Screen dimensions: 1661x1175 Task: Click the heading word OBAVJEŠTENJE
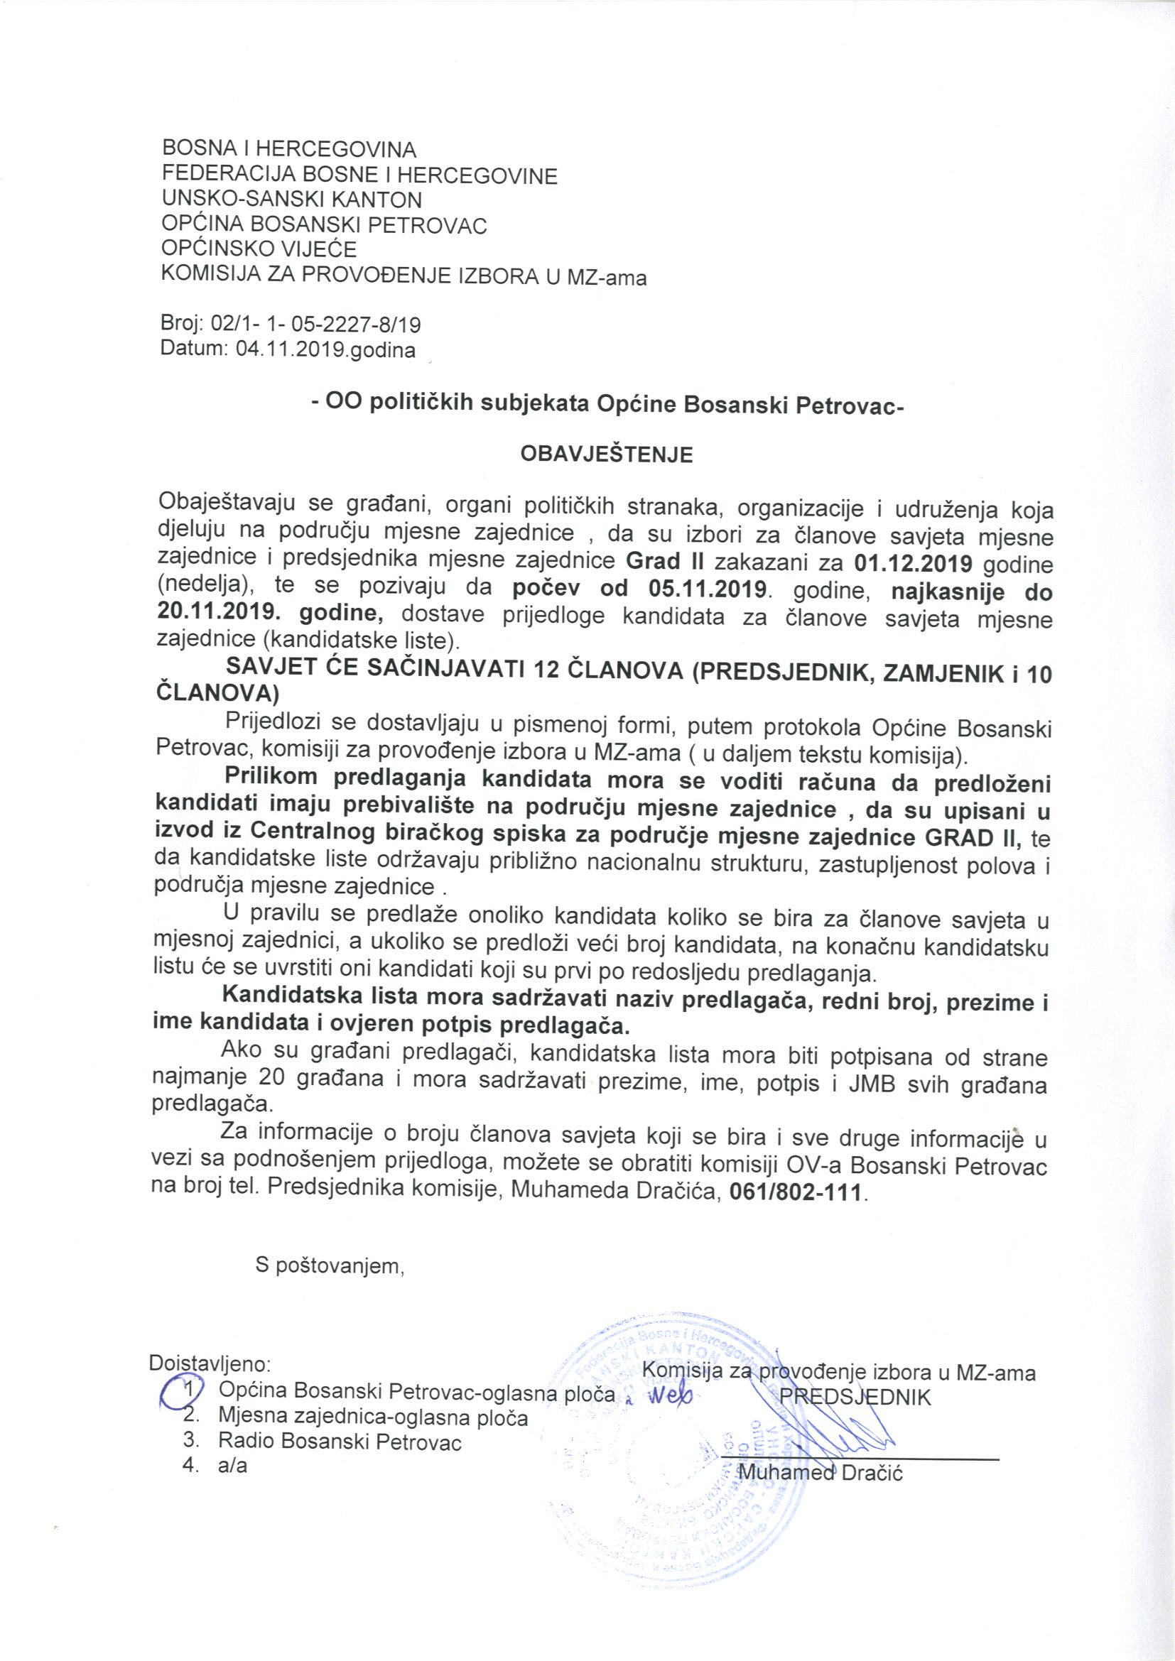606,454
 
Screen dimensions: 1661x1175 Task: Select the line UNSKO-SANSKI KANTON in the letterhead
291,200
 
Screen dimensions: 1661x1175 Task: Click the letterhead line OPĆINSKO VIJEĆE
259,249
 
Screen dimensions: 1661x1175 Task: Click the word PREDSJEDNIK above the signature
854,1396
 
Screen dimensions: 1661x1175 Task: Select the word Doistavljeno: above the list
210,1363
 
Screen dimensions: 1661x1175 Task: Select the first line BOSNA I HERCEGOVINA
289,150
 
